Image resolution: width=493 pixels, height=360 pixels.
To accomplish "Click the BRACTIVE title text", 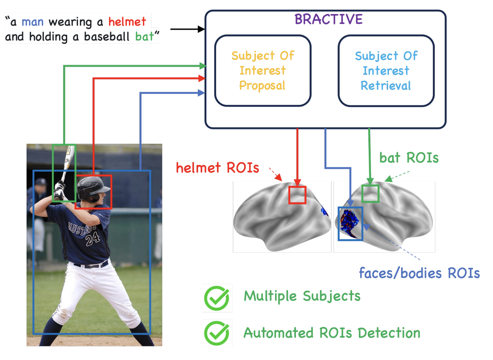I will click(x=328, y=19).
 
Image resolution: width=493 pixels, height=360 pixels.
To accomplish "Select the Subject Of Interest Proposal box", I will click(x=263, y=71).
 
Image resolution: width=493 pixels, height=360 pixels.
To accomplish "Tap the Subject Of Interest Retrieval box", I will click(x=386, y=71).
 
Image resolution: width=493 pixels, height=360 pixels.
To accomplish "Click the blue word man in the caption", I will click(x=33, y=22).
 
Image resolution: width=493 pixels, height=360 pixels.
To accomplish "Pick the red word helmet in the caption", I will click(x=127, y=22).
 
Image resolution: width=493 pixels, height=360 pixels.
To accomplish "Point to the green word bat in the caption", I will click(x=144, y=37).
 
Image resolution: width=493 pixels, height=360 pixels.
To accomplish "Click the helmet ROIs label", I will click(x=217, y=168).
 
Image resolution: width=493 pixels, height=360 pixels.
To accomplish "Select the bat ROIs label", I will click(x=409, y=158).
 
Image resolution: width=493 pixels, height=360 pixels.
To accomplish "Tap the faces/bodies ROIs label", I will click(x=419, y=273).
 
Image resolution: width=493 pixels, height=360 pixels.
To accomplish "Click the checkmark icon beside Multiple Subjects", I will click(x=217, y=298).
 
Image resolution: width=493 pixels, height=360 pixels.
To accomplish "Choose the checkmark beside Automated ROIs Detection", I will click(x=217, y=333).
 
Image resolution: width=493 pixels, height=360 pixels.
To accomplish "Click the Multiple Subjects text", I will click(x=302, y=296).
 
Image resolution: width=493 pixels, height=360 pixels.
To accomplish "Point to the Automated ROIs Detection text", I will click(x=332, y=333).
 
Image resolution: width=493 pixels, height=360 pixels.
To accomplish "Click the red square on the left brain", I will click(x=297, y=195).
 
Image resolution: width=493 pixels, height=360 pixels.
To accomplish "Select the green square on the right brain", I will click(x=370, y=194).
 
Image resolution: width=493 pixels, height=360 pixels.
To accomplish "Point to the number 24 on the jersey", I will click(x=92, y=238).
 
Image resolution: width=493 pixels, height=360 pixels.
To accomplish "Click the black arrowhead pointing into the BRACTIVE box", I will click(x=201, y=29).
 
